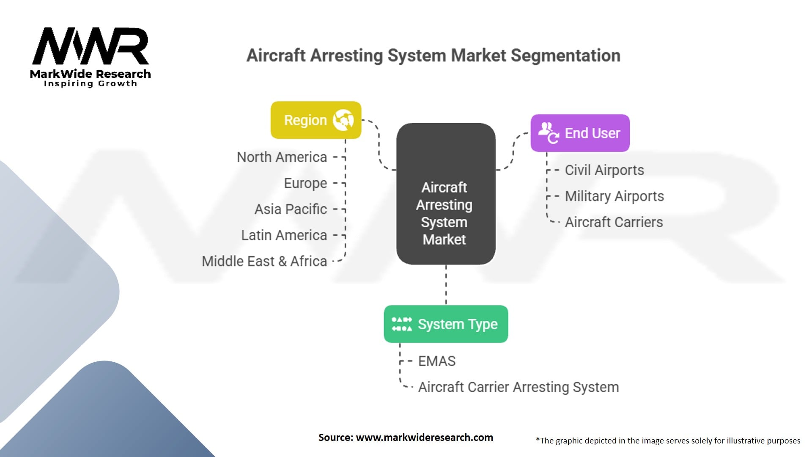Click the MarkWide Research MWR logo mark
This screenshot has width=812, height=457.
91,46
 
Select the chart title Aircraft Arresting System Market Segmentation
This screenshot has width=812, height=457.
433,55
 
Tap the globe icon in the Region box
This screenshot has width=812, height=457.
343,120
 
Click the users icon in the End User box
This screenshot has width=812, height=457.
548,132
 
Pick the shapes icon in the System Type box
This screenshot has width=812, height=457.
401,324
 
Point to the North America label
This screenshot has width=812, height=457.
282,157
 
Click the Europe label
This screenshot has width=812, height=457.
305,183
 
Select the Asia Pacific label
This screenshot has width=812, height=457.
291,209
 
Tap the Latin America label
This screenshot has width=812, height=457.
284,235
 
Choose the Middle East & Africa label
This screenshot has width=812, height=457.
264,261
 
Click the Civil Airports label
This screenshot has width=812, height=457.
604,170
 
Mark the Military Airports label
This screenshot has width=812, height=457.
614,196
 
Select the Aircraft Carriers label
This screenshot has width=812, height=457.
614,222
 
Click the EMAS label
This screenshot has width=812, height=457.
436,361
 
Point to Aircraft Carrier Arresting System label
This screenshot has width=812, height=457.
518,387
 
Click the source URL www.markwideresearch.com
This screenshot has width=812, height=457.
424,438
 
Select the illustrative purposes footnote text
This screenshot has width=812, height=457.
668,440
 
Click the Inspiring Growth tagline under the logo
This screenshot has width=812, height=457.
91,83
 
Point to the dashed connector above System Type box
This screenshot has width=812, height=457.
446,285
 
